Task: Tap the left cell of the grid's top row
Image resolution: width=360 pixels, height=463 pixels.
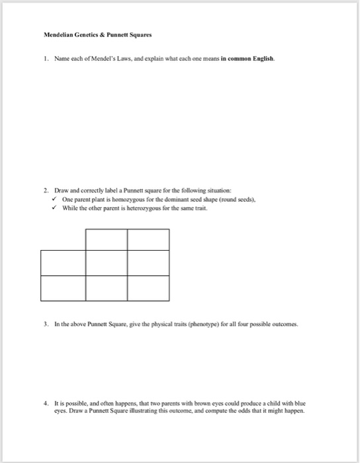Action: [107, 239]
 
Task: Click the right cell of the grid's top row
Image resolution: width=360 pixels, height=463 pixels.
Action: [148, 239]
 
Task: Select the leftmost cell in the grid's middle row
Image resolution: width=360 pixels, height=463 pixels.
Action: [64, 263]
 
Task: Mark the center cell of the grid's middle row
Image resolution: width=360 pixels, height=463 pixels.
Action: [107, 263]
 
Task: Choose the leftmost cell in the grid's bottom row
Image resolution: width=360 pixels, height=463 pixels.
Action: [64, 287]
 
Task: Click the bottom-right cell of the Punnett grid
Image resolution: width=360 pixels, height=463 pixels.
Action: [148, 287]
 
